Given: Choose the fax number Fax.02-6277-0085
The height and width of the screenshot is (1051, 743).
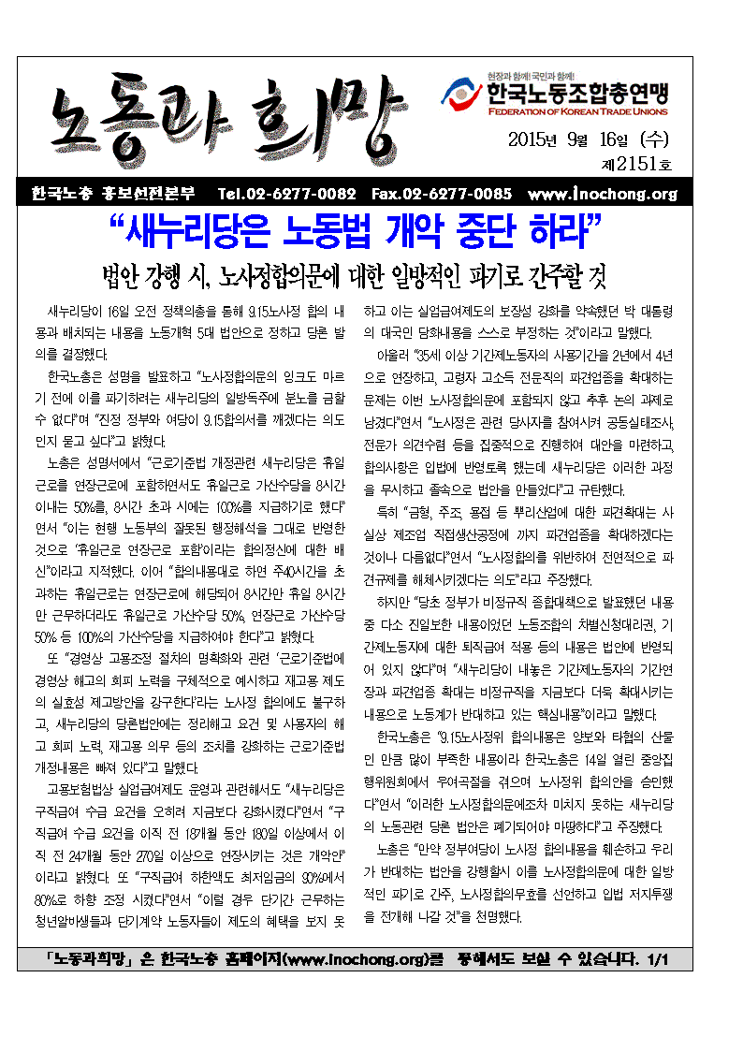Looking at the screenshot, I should point(442,195).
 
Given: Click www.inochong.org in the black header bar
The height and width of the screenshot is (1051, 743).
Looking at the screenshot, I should point(602,195).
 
